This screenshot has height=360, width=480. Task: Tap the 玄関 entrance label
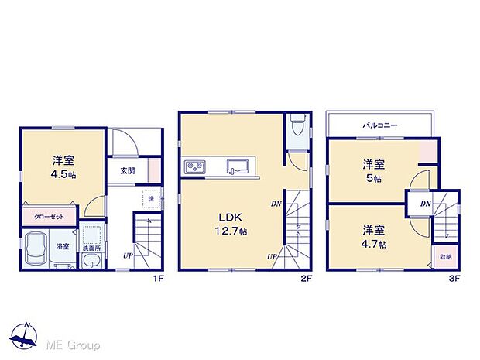point(128,171)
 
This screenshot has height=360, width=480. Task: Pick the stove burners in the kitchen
point(194,166)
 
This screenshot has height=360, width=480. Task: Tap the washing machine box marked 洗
point(151,199)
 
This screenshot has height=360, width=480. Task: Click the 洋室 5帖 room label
point(374,171)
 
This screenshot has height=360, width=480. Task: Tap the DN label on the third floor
point(425,204)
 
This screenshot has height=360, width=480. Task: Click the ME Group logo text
point(72,344)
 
